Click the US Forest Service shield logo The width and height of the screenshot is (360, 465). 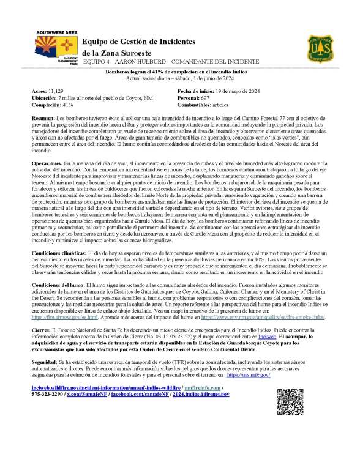(x=320, y=46)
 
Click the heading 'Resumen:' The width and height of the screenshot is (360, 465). (x=43, y=117)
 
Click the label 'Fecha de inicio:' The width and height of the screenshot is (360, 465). (x=196, y=91)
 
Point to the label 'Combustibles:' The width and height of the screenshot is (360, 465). (x=195, y=105)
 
